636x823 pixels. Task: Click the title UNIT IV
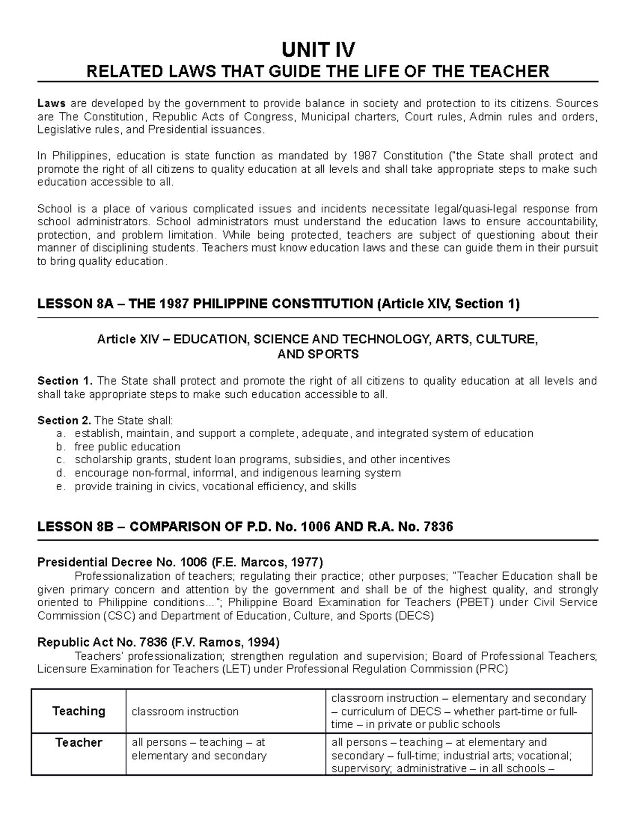click(x=318, y=50)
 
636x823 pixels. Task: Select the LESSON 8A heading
click(x=278, y=304)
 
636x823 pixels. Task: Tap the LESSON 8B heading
click(x=245, y=527)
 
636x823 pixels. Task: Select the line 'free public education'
click(x=127, y=447)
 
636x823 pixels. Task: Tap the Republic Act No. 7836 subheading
click(x=158, y=643)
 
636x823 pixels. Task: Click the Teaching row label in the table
click(x=78, y=711)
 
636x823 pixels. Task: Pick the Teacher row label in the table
click(x=78, y=742)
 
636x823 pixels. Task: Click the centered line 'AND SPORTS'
click(x=318, y=354)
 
